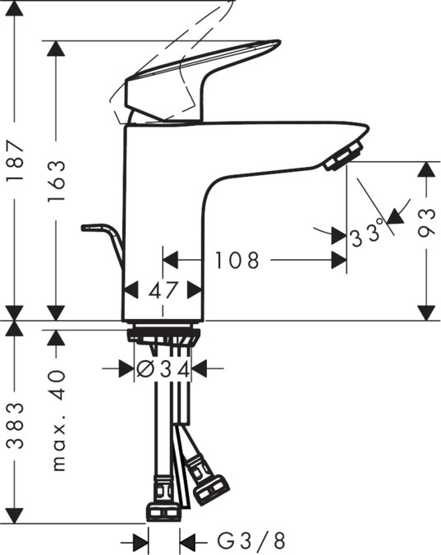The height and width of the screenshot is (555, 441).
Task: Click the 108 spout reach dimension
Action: coord(237,261)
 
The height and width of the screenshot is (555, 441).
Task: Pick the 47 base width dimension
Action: coord(163,289)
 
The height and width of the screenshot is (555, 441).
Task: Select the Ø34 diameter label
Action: coord(163,369)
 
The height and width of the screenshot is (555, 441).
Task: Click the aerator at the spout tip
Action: coord(342,156)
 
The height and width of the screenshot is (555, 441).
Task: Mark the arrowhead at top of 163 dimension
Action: coord(56,49)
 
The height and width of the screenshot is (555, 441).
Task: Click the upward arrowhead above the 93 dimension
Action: coord(425,169)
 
